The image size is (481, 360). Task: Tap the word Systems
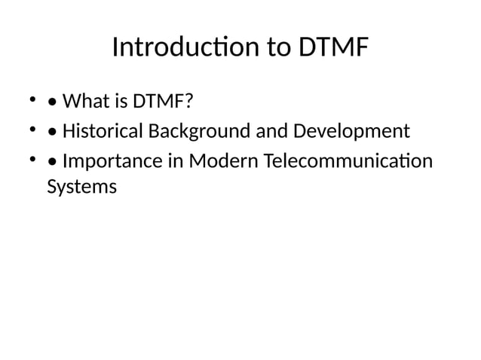(81, 187)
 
